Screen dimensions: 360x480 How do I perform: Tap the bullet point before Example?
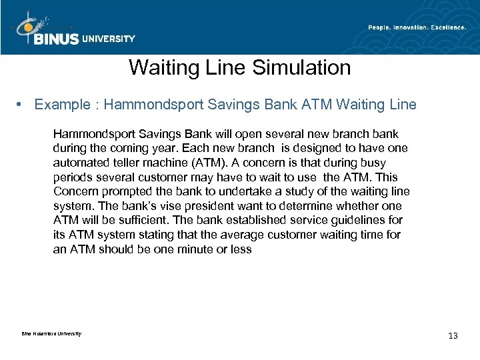[x=23, y=105]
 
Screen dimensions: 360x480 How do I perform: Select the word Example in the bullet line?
[x=61, y=105]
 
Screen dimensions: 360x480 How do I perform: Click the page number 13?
[x=453, y=335]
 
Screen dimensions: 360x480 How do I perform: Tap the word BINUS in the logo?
[x=55, y=38]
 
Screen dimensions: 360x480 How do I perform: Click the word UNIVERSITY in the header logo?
[x=108, y=39]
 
